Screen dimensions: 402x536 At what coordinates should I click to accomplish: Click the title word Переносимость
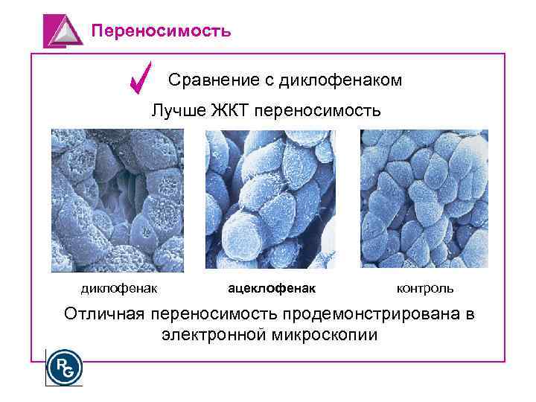pyautogui.click(x=161, y=31)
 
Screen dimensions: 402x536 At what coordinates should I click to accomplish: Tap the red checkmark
pyautogui.click(x=140, y=77)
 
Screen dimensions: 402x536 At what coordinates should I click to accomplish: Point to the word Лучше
pyautogui.click(x=176, y=112)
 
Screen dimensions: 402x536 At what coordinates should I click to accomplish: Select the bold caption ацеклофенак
pyautogui.click(x=271, y=287)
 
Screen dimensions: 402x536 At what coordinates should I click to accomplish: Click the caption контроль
pyautogui.click(x=425, y=287)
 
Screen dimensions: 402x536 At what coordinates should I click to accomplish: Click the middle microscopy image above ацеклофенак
pyautogui.click(x=269, y=199)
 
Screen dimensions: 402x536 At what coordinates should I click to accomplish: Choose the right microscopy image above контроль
pyautogui.click(x=424, y=199)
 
